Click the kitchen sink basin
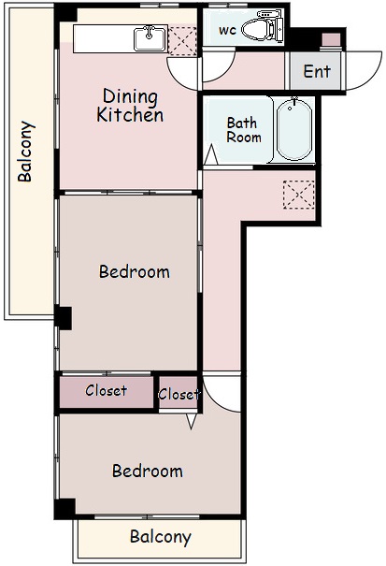point(150,38)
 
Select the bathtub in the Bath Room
point(294,130)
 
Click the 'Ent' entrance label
point(317,71)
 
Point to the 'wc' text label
point(227,30)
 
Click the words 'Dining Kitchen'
point(130,106)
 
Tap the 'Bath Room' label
point(244,130)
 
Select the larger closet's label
point(106,390)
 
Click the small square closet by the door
point(179,393)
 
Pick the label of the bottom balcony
point(161,537)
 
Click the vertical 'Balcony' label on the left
point(26,152)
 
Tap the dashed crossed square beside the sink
point(183,41)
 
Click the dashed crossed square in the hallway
point(299,195)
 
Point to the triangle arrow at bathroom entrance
point(210,155)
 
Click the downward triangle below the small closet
point(192,421)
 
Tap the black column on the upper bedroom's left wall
point(64,317)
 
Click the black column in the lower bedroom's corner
point(64,509)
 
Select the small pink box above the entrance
point(331,39)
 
